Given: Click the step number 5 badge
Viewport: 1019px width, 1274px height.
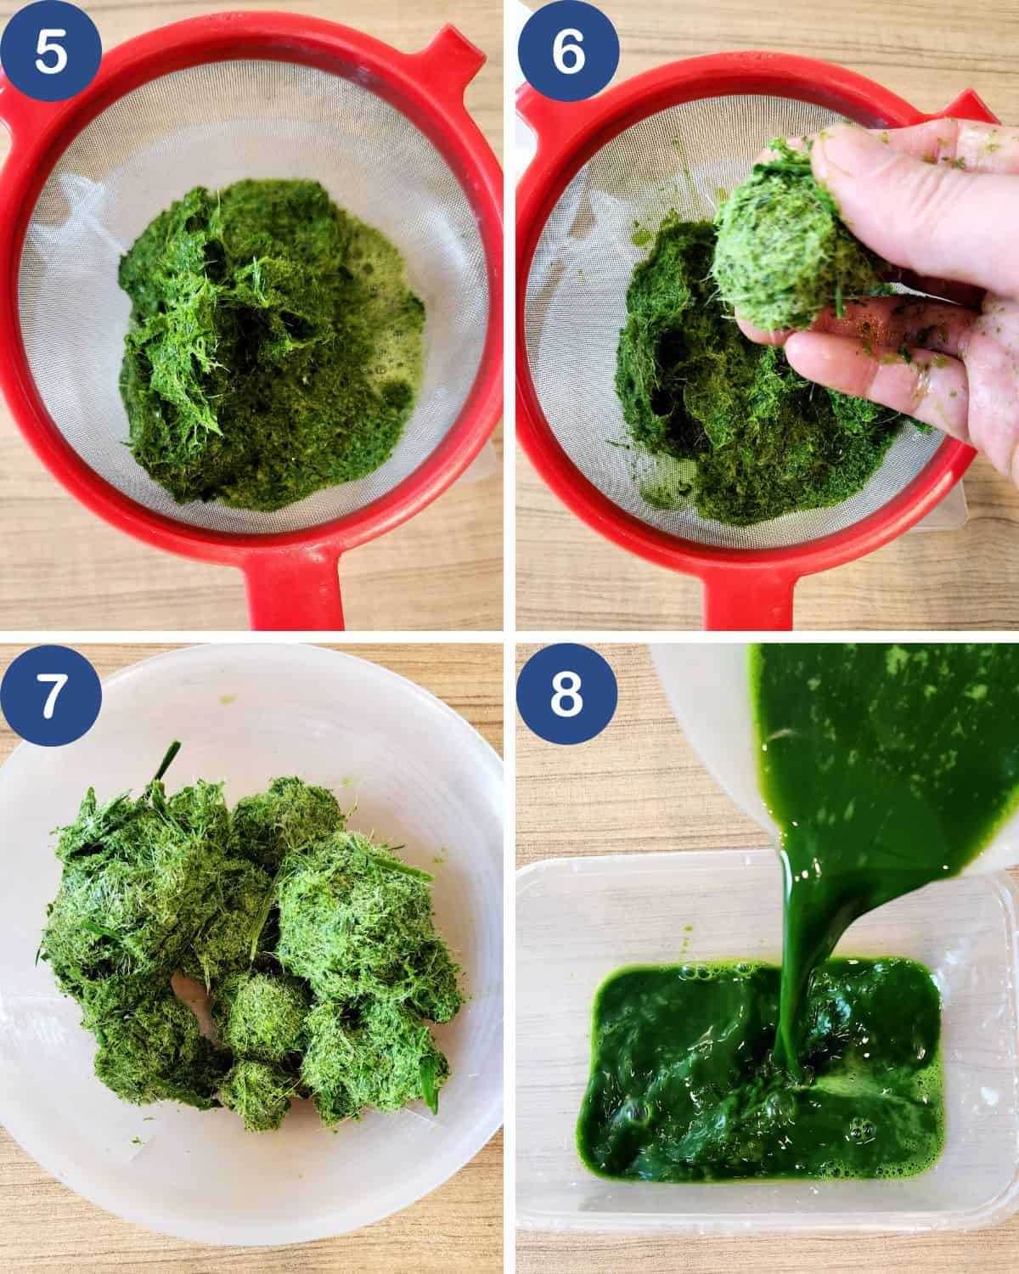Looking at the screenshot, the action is coord(50,50).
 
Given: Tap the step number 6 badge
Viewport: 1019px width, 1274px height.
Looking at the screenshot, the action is coord(568,50).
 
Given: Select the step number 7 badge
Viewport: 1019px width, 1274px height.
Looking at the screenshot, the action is coord(50,695).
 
